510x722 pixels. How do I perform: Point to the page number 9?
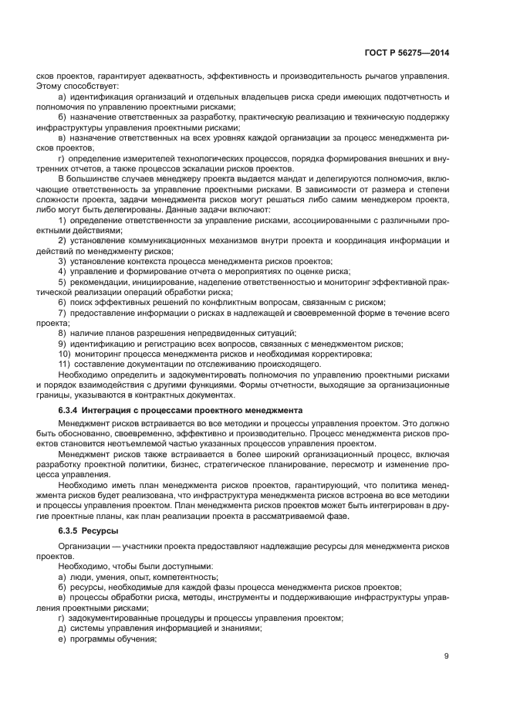[447, 656]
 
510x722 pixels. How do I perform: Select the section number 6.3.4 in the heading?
[70, 408]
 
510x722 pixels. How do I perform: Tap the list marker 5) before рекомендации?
[62, 282]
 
